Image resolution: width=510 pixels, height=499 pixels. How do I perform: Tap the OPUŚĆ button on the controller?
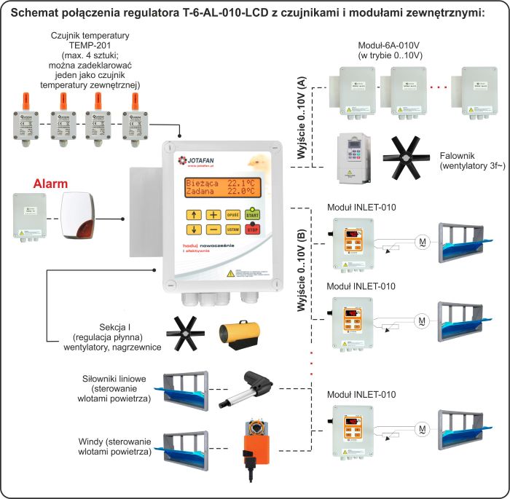(233, 214)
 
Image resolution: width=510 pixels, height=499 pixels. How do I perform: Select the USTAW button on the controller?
(233, 229)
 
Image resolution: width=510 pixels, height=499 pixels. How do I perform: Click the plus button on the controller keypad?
(213, 214)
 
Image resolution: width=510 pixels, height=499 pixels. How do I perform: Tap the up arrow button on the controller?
(194, 214)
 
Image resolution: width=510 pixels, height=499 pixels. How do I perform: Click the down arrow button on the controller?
(194, 229)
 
